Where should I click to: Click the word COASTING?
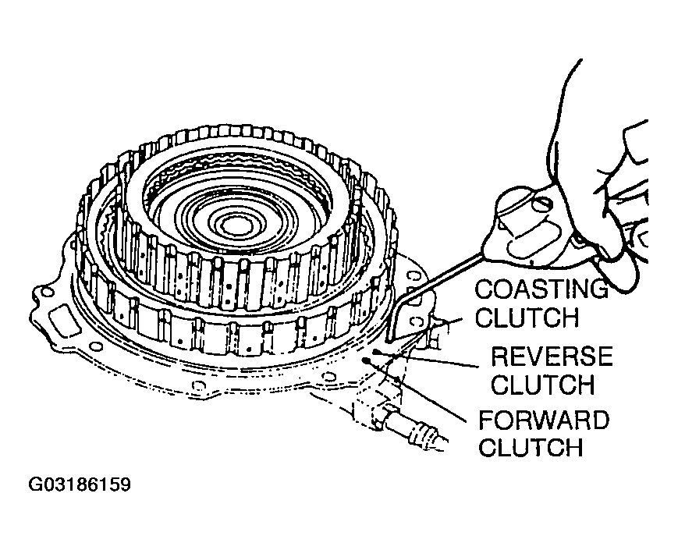pyautogui.click(x=541, y=289)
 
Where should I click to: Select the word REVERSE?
pyautogui.click(x=552, y=357)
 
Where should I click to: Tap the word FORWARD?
pyautogui.click(x=544, y=420)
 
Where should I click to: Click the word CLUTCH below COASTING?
pyautogui.click(x=527, y=318)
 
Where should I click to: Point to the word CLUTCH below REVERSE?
pyautogui.click(x=543, y=385)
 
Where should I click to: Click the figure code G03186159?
pyautogui.click(x=80, y=484)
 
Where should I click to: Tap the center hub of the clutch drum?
pyautogui.click(x=238, y=225)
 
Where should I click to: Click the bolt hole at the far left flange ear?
pyautogui.click(x=48, y=293)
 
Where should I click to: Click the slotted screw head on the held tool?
pyautogui.click(x=543, y=203)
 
